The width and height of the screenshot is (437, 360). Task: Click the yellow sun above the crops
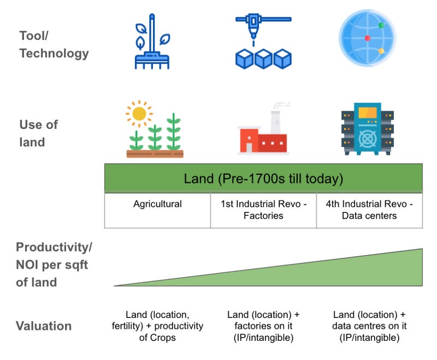tap(139, 114)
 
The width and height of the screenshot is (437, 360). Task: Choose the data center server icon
tap(367, 129)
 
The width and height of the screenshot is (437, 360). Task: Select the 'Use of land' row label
tap(38, 133)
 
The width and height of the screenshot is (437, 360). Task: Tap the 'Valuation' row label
tap(44, 326)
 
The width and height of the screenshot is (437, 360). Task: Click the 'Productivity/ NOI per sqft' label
tap(54, 264)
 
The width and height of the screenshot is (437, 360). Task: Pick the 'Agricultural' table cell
tap(157, 204)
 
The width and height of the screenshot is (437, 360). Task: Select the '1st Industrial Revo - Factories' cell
tap(263, 210)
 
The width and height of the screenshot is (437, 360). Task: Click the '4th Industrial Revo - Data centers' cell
tap(369, 210)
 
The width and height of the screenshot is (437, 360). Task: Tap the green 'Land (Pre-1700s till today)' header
tap(263, 179)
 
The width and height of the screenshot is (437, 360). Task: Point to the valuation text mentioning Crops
tap(157, 326)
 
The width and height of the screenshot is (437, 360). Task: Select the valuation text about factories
tap(263, 326)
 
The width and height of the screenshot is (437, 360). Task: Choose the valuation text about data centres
tap(369, 326)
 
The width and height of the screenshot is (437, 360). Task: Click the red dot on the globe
tap(368, 38)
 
